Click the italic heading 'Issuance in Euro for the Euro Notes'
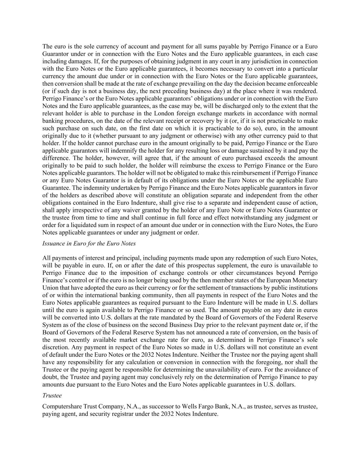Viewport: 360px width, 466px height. (89, 243)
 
